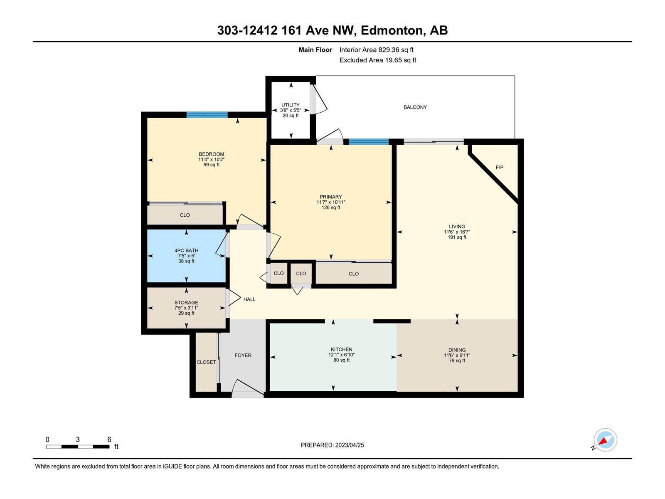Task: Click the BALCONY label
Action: (x=415, y=107)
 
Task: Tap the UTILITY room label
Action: (x=290, y=105)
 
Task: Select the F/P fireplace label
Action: (x=499, y=167)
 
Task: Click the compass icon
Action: (x=605, y=440)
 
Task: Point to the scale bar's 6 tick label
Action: (x=109, y=439)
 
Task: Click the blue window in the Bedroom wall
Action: (x=207, y=114)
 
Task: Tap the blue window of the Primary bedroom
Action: (x=368, y=141)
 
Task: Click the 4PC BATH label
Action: (x=186, y=250)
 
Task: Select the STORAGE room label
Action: (x=186, y=302)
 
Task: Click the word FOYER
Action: (x=243, y=355)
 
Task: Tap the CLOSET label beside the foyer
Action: (x=206, y=362)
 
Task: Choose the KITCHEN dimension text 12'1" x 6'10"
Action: (x=342, y=354)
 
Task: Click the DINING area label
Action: (x=457, y=350)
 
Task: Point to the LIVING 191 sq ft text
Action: (x=457, y=237)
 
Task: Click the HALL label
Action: (x=249, y=299)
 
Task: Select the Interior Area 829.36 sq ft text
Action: (x=376, y=49)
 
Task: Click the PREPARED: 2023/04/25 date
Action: (x=332, y=445)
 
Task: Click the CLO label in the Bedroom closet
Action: (x=185, y=215)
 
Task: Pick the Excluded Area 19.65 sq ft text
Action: (x=378, y=60)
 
